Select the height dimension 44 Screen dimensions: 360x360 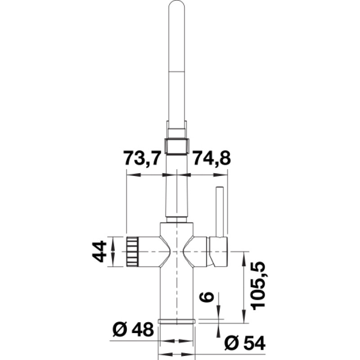(x=100, y=251)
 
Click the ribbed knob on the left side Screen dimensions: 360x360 (x=134, y=251)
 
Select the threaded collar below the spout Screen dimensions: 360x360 (x=177, y=145)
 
